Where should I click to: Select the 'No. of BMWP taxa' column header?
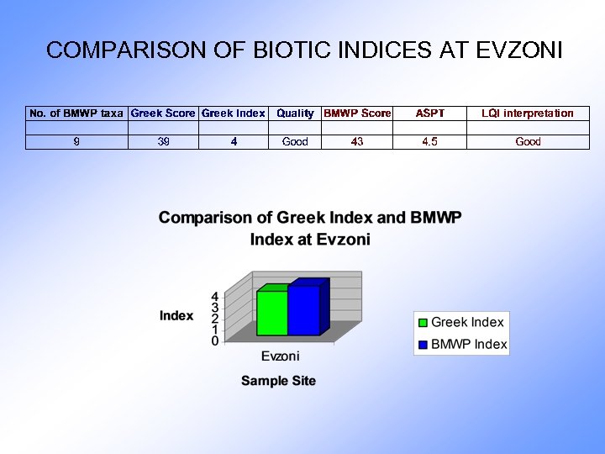point(76,113)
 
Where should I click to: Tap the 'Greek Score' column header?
point(163,113)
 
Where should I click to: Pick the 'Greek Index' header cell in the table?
point(234,113)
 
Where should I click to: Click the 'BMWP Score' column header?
point(357,113)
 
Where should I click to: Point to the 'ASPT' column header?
point(429,113)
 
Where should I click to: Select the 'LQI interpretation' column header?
point(528,113)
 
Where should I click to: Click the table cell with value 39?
point(163,142)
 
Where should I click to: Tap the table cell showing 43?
point(357,142)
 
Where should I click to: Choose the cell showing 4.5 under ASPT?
point(429,142)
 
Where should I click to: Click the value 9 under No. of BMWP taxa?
point(76,142)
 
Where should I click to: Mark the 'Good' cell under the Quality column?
point(295,142)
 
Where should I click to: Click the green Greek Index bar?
point(271,313)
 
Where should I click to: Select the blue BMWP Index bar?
point(303,310)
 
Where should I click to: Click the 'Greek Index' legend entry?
point(466,322)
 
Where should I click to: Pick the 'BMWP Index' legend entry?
point(468,344)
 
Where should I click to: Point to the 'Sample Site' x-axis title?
point(278,381)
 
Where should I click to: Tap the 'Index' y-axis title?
point(176,316)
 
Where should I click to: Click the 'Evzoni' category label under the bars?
point(280,356)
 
